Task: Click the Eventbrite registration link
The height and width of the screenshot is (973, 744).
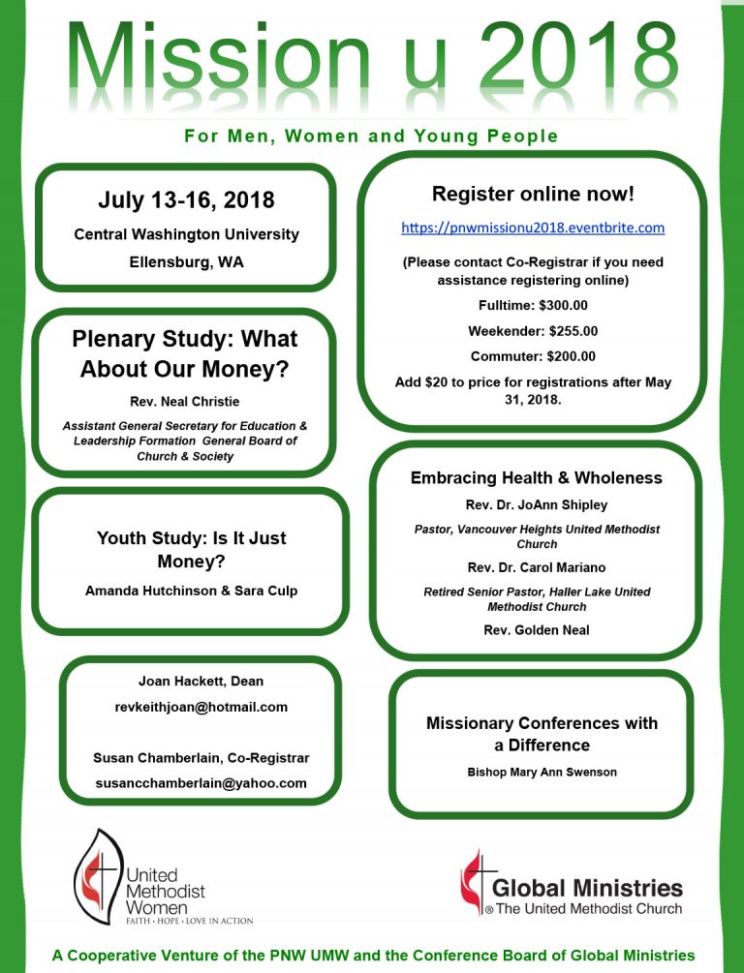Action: pyautogui.click(x=533, y=228)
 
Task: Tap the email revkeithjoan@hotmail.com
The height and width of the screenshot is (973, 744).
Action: pyautogui.click(x=201, y=707)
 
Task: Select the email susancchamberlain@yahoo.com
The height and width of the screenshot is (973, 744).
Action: pyautogui.click(x=201, y=782)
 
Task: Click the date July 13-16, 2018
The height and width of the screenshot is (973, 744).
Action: pyautogui.click(x=186, y=201)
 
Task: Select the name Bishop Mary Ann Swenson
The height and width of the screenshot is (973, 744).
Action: pyautogui.click(x=542, y=773)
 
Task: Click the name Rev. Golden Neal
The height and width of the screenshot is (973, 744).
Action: pyautogui.click(x=536, y=630)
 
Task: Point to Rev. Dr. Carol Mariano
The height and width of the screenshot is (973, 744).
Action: pyautogui.click(x=536, y=567)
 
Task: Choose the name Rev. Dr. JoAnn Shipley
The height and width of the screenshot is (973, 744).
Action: pyautogui.click(x=536, y=504)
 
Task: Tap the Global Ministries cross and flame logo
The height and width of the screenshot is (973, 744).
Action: pyautogui.click(x=473, y=882)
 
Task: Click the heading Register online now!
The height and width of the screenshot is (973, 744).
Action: pyautogui.click(x=533, y=194)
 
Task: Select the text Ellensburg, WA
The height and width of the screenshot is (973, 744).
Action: pyautogui.click(x=186, y=261)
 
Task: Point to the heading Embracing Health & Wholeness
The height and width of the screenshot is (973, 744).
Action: pyautogui.click(x=536, y=478)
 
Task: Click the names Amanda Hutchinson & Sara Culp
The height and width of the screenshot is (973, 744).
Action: pyautogui.click(x=191, y=592)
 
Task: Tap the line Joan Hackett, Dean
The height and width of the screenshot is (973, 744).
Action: pyautogui.click(x=201, y=681)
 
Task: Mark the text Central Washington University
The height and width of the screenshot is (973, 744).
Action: pyautogui.click(x=186, y=234)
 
